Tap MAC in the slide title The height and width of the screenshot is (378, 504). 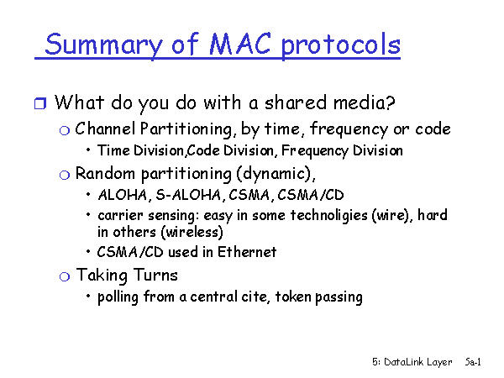(x=239, y=44)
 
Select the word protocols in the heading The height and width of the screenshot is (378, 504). (x=341, y=45)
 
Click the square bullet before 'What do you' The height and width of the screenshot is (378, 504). (x=40, y=103)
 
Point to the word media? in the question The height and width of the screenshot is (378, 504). (x=365, y=102)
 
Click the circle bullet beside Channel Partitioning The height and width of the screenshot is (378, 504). (x=65, y=130)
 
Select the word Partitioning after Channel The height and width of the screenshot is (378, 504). (x=186, y=129)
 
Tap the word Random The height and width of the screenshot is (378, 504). (x=105, y=174)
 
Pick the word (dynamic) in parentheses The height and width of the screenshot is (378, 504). (x=274, y=174)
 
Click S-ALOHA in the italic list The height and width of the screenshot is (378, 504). (x=188, y=195)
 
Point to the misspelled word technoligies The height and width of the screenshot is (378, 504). (x=328, y=215)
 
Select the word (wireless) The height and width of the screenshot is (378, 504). (x=192, y=232)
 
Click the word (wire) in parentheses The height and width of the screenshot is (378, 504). (x=392, y=215)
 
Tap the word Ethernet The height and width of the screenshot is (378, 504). (x=247, y=252)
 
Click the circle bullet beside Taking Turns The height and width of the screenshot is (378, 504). (x=65, y=276)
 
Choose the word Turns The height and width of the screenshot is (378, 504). (x=155, y=276)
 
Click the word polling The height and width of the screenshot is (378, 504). (x=118, y=297)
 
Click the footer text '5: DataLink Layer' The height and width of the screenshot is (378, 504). (x=412, y=362)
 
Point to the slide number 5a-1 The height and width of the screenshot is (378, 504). (x=473, y=362)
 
